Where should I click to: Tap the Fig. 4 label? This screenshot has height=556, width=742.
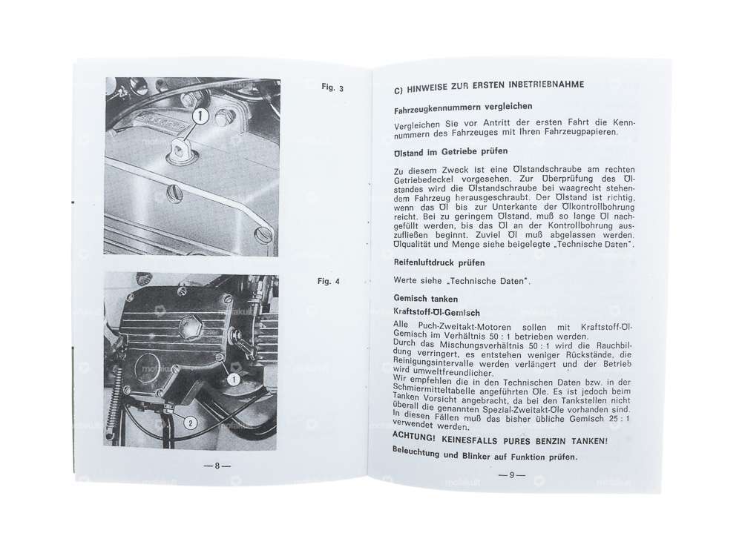328,282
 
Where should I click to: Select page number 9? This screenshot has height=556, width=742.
511,475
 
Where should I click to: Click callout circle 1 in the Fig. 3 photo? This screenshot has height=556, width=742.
200,116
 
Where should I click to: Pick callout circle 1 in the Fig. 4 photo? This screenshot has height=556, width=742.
233,379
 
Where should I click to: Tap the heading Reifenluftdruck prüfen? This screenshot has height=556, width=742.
439,262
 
